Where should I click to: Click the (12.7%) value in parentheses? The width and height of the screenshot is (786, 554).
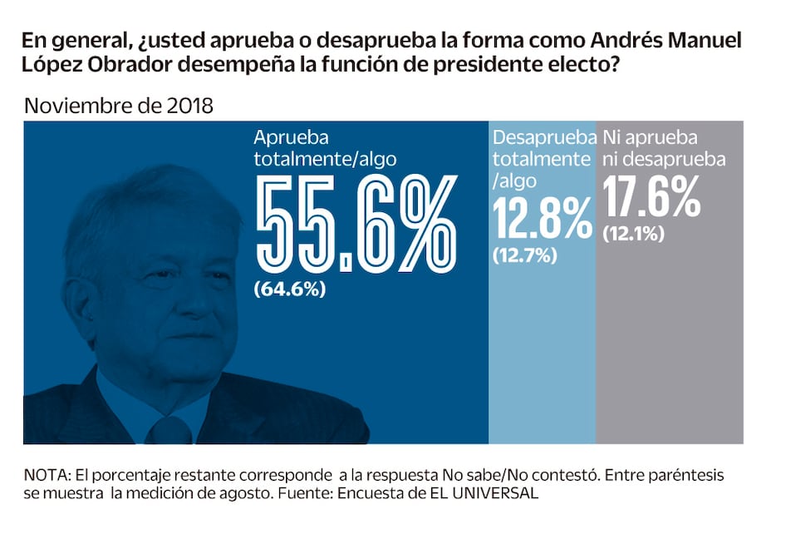(x=524, y=256)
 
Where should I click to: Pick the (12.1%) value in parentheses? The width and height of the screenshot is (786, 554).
(x=633, y=235)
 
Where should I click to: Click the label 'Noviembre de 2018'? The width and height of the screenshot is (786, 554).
(x=119, y=106)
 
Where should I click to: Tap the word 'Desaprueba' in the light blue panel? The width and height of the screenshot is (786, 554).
(x=544, y=137)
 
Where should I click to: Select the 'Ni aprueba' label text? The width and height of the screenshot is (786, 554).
(x=650, y=137)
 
